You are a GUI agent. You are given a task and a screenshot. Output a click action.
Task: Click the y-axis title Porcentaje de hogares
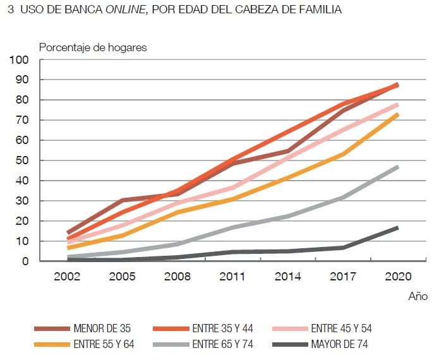tap(93, 47)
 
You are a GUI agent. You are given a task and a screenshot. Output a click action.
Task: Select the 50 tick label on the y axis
tap(23, 160)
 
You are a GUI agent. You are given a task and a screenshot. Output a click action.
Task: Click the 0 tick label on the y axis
tap(26, 261)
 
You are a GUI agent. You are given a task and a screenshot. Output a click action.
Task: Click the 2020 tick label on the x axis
tap(397, 277)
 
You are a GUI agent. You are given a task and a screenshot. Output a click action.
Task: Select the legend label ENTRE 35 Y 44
tap(223, 329)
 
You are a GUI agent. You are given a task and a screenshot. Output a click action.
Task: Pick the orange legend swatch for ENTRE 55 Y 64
tap(52, 345)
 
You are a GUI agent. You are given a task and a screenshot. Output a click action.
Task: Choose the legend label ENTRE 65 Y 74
tap(223, 345)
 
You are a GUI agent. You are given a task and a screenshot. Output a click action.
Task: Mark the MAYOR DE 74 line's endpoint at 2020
tap(397, 227)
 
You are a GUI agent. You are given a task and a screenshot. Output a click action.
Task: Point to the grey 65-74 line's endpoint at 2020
tap(397, 167)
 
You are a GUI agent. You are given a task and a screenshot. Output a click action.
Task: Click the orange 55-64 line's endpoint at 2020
tap(397, 114)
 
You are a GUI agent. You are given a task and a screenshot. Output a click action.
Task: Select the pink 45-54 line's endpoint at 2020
tap(397, 104)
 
